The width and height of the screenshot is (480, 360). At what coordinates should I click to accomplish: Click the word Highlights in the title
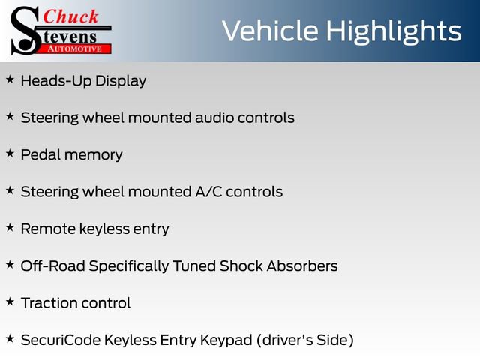click(393, 31)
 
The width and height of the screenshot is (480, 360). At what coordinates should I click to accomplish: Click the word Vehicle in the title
click(271, 31)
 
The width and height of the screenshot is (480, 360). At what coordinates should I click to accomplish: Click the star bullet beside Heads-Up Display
click(10, 79)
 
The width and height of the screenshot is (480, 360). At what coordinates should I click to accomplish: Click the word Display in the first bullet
click(119, 80)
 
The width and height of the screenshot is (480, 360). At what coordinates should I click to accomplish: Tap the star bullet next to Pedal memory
click(10, 153)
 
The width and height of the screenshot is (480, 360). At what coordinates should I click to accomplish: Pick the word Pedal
click(40, 154)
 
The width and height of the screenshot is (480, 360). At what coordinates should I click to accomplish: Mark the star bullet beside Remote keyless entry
click(10, 227)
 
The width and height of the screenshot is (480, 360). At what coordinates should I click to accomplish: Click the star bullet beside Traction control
click(10, 301)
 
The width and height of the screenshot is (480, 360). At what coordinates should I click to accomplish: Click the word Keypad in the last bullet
click(226, 340)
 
